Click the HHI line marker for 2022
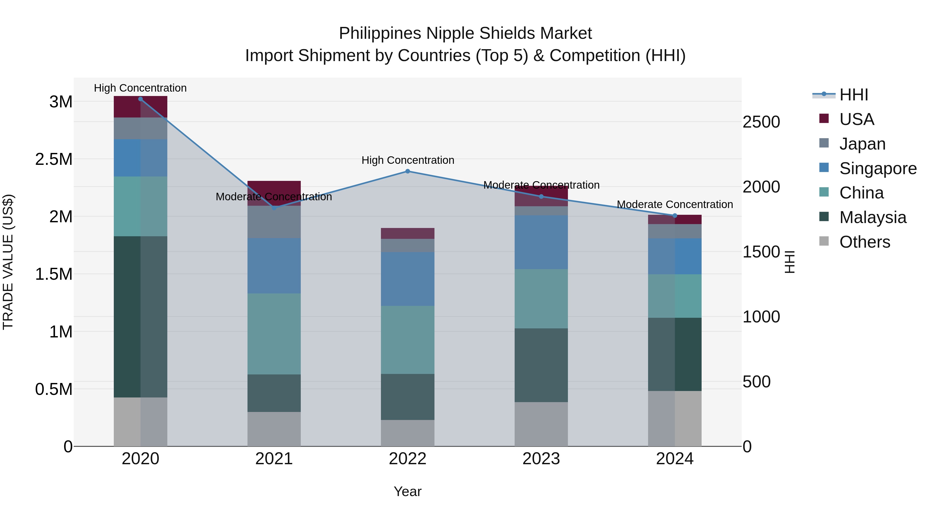click(408, 171)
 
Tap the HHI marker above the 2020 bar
click(141, 99)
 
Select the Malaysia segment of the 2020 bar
click(141, 316)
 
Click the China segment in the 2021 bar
click(274, 334)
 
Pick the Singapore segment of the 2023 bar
click(541, 242)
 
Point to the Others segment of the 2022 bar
click(408, 433)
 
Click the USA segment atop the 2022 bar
click(408, 233)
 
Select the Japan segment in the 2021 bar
click(274, 222)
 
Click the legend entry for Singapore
click(877, 168)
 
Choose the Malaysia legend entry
click(873, 217)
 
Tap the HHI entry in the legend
click(853, 95)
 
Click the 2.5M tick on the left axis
click(54, 159)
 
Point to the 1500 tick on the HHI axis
click(761, 252)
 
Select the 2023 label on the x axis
click(541, 459)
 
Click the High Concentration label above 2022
click(408, 160)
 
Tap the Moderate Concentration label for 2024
click(674, 204)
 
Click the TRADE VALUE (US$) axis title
click(8, 262)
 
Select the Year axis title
click(408, 491)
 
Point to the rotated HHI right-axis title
click(790, 262)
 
